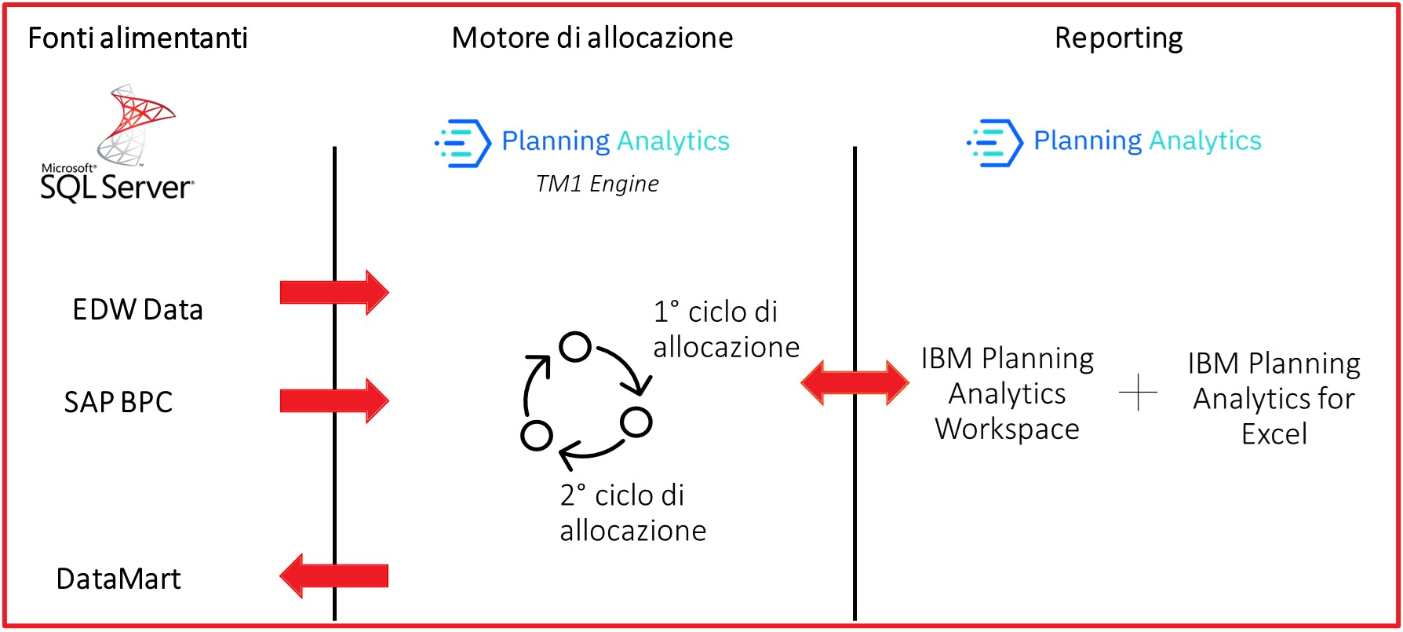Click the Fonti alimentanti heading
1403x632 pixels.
(x=137, y=38)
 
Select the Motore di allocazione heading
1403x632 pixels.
(x=592, y=38)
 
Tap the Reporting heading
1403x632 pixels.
(x=1118, y=38)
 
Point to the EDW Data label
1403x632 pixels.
(x=137, y=309)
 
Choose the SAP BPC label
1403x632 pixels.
(x=118, y=402)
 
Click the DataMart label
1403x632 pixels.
(x=118, y=579)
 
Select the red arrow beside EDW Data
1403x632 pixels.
(x=334, y=292)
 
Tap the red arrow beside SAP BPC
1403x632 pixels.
(x=334, y=400)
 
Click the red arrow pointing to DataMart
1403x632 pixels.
(x=334, y=575)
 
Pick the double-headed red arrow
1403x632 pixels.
(x=855, y=382)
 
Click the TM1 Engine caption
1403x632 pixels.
(x=597, y=184)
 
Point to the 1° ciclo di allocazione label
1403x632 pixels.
(x=726, y=329)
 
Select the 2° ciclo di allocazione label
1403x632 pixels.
(x=632, y=513)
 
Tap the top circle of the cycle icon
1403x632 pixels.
(x=575, y=346)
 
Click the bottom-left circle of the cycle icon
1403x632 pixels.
(x=537, y=435)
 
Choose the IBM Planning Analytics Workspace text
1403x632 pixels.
(x=1007, y=393)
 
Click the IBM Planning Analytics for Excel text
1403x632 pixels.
(x=1274, y=398)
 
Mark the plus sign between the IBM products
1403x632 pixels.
(x=1138, y=392)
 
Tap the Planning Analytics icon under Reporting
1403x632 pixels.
(x=994, y=143)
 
